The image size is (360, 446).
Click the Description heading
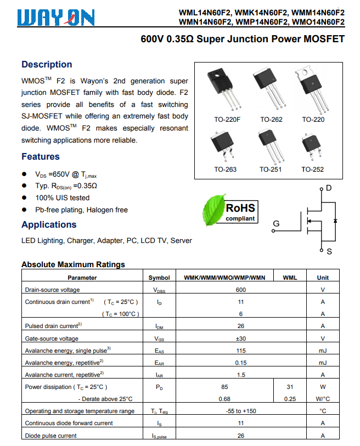pyautogui.click(x=47, y=64)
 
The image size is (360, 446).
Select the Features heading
pyautogui.click(x=41, y=156)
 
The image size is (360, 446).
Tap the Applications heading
pyautogui.click(x=49, y=224)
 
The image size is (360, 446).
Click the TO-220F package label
pyautogui.click(x=227, y=119)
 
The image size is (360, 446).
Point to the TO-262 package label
pyautogui.click(x=271, y=119)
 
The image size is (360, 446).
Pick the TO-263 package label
pyautogui.click(x=225, y=170)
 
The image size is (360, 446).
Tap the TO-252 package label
pyautogui.click(x=312, y=170)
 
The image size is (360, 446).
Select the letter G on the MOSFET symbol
pyautogui.click(x=276, y=224)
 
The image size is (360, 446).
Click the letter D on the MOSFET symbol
pyautogui.click(x=329, y=188)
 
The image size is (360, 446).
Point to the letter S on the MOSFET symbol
pyautogui.click(x=329, y=252)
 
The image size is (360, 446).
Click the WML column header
pyautogui.click(x=290, y=278)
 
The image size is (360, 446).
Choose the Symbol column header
pyautogui.click(x=159, y=278)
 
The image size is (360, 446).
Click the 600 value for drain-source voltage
pyautogui.click(x=240, y=290)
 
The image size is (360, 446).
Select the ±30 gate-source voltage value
pyautogui.click(x=240, y=338)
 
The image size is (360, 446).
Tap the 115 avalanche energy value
pyautogui.click(x=240, y=351)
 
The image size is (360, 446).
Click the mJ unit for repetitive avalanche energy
pyautogui.click(x=323, y=363)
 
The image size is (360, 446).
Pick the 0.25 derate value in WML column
pyautogui.click(x=290, y=399)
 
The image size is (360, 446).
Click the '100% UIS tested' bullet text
pyautogui.click(x=63, y=197)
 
